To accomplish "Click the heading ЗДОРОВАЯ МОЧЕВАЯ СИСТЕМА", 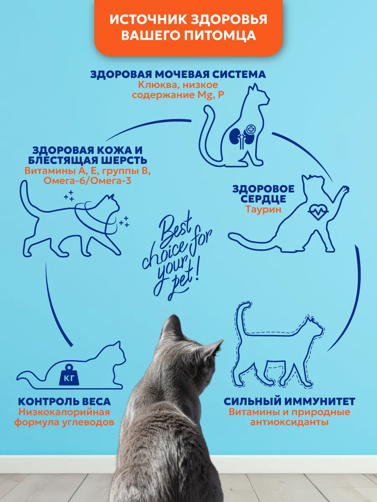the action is tap(178, 74).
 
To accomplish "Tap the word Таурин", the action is tap(263, 209).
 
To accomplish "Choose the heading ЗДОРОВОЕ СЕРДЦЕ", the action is tap(263, 194).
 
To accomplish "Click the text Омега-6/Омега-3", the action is tap(88, 181).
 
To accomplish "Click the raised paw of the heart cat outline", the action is tap(344, 189).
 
